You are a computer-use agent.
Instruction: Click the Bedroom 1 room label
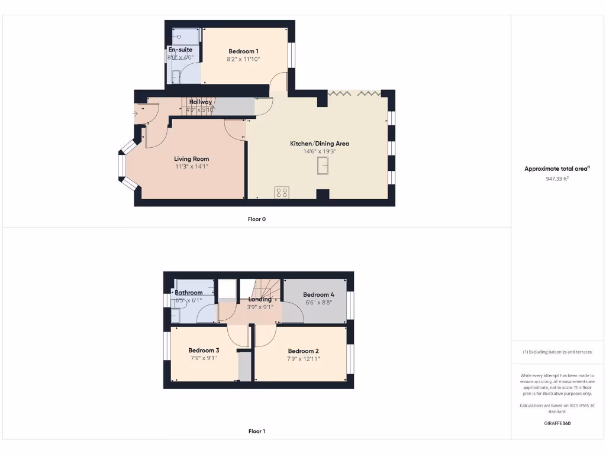(243, 51)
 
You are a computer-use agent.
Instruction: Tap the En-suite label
(180, 50)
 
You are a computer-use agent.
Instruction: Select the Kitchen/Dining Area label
(319, 144)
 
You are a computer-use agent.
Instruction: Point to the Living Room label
(191, 159)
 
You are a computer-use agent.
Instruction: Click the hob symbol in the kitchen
(282, 192)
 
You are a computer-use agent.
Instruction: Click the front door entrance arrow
(136, 113)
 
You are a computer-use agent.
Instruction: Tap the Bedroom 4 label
(318, 294)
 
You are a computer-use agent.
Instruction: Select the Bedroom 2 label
(303, 351)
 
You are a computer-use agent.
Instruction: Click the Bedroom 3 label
(204, 351)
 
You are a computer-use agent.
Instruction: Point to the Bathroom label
(189, 293)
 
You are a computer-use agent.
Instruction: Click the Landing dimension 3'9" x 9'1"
(260, 307)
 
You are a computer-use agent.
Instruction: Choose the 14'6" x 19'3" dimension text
(319, 151)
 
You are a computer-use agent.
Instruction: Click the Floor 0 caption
(257, 219)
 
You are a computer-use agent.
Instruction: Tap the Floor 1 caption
(257, 432)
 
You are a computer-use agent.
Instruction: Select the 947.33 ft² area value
(557, 178)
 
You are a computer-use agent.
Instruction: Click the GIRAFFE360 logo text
(557, 423)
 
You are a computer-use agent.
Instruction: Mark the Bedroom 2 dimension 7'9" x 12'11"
(303, 359)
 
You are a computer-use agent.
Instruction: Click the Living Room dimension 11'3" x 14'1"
(191, 167)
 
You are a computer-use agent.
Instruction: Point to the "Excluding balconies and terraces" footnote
(557, 352)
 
